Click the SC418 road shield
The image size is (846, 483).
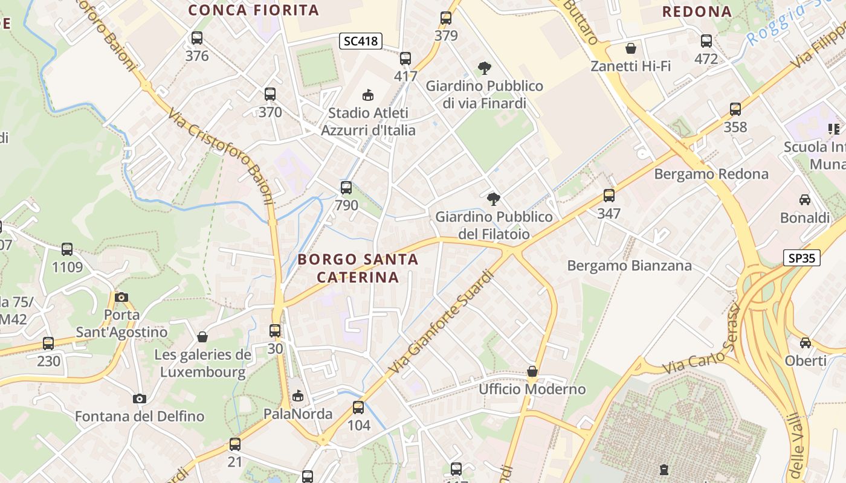coord(360,41)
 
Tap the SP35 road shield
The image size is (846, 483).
coord(802,258)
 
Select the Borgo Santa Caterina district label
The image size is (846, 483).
coord(358,268)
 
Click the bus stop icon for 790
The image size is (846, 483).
coord(346,188)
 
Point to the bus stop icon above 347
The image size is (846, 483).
coord(609,196)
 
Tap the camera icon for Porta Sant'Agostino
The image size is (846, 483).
coord(121,297)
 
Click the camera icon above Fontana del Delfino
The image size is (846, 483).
coord(140,398)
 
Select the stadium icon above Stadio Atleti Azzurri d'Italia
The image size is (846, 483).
coord(367,95)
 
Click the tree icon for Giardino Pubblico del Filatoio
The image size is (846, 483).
coord(494,199)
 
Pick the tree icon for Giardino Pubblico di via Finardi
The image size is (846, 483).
coord(484,68)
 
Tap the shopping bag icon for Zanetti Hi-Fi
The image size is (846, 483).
coord(631,48)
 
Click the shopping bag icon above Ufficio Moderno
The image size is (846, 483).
coord(532,371)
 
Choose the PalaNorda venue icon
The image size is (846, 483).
coord(297,396)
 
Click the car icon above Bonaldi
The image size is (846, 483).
coord(805,200)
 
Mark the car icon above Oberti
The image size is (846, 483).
coord(806,343)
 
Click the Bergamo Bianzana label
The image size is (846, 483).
coord(629,266)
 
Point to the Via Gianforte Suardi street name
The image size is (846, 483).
coord(442,321)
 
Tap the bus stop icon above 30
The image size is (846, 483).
coord(275,331)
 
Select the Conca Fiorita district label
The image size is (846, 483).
coord(253,10)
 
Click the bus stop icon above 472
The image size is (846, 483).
coord(706,41)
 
